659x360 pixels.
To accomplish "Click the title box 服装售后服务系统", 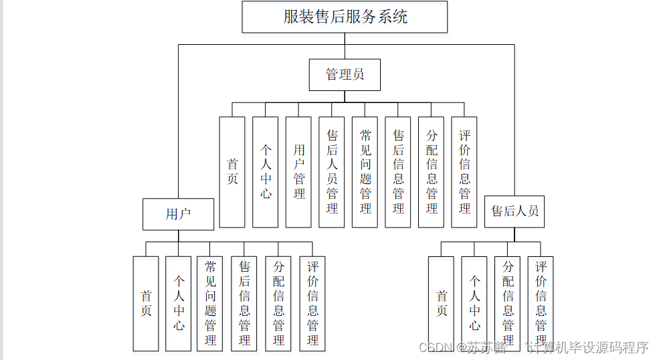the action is click(345, 17).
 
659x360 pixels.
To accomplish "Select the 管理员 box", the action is click(345, 74).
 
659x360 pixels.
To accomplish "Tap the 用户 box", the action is click(178, 214).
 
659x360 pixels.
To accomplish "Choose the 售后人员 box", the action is click(514, 211).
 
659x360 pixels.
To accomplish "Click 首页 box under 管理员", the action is click(232, 172).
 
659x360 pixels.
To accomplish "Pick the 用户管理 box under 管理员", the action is click(298, 172).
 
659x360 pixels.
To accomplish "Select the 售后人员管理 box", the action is click(332, 172).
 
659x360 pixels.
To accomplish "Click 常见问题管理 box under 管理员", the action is click(365, 172).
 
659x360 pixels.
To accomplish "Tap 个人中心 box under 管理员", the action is click(266, 172).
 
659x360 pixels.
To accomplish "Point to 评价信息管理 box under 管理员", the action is click(464, 172).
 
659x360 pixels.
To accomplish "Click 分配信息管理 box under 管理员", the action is click(432, 172).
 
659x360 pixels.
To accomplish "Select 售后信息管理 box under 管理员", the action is click(398, 172).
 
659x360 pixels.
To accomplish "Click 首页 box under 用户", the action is click(146, 303).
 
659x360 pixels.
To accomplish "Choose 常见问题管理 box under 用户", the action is click(211, 303).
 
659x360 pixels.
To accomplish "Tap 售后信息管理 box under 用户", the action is click(244, 303).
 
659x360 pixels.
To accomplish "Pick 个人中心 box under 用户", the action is click(179, 303).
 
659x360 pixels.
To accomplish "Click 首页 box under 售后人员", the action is click(442, 303).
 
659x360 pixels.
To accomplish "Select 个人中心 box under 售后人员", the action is click(474, 303).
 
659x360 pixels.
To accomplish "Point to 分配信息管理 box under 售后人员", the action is click(508, 303).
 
